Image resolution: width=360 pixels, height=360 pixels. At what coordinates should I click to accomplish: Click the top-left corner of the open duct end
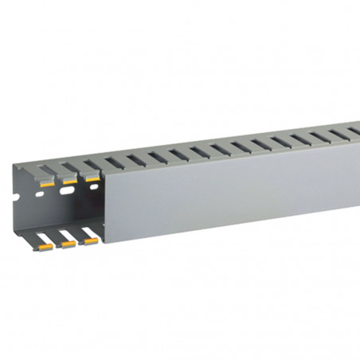pos(14,165)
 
